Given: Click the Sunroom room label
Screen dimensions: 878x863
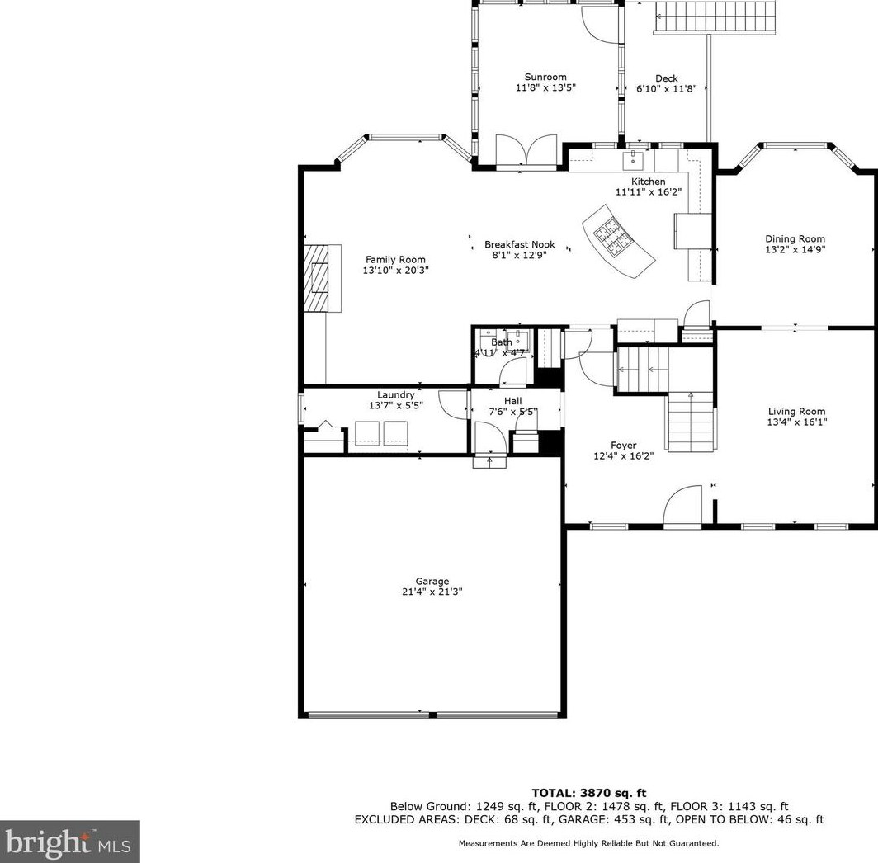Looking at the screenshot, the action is tap(545, 77).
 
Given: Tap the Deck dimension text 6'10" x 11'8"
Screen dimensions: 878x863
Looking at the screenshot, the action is tap(667, 88).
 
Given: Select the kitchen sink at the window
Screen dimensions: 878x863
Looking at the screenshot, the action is tap(633, 159).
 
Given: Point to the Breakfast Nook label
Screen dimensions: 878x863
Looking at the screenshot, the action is tap(520, 244).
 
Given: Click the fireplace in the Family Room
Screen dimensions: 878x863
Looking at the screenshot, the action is tap(323, 278).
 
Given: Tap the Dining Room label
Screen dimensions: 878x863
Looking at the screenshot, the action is tap(795, 238).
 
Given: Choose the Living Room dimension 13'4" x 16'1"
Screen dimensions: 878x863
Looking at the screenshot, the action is tap(797, 422).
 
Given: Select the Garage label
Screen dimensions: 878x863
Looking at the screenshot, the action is tap(432, 581).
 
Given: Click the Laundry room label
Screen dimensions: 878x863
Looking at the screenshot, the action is tap(396, 395).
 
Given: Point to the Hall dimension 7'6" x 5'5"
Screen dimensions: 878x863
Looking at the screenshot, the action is tap(513, 412).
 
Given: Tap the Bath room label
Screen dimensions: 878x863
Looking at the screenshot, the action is tap(502, 342).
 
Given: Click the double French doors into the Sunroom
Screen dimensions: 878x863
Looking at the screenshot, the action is tap(526, 150).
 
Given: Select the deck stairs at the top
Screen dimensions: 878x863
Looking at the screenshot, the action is tap(715, 17).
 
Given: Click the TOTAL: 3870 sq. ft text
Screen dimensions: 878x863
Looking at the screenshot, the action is tap(588, 792).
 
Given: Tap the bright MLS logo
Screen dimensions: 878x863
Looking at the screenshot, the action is tap(69, 842).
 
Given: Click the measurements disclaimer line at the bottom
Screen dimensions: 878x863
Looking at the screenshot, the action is tap(588, 843).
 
